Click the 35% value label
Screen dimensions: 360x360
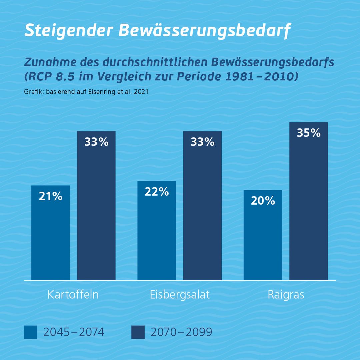pos(308,133)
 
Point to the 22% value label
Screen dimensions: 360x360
pos(157,192)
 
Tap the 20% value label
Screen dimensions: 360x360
pos(263,201)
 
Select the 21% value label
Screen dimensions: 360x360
pos(50,196)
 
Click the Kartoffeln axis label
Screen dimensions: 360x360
pos(73,295)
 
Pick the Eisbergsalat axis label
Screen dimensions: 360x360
pos(180,295)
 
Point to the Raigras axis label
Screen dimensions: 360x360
pos(286,295)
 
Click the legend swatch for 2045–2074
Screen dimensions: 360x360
pos(31,332)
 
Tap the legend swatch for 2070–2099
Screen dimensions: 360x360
pos(138,332)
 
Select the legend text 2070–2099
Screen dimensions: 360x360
pos(181,332)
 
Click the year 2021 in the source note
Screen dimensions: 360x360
pos(141,92)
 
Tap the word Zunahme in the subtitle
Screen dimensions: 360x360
pos(46,62)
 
